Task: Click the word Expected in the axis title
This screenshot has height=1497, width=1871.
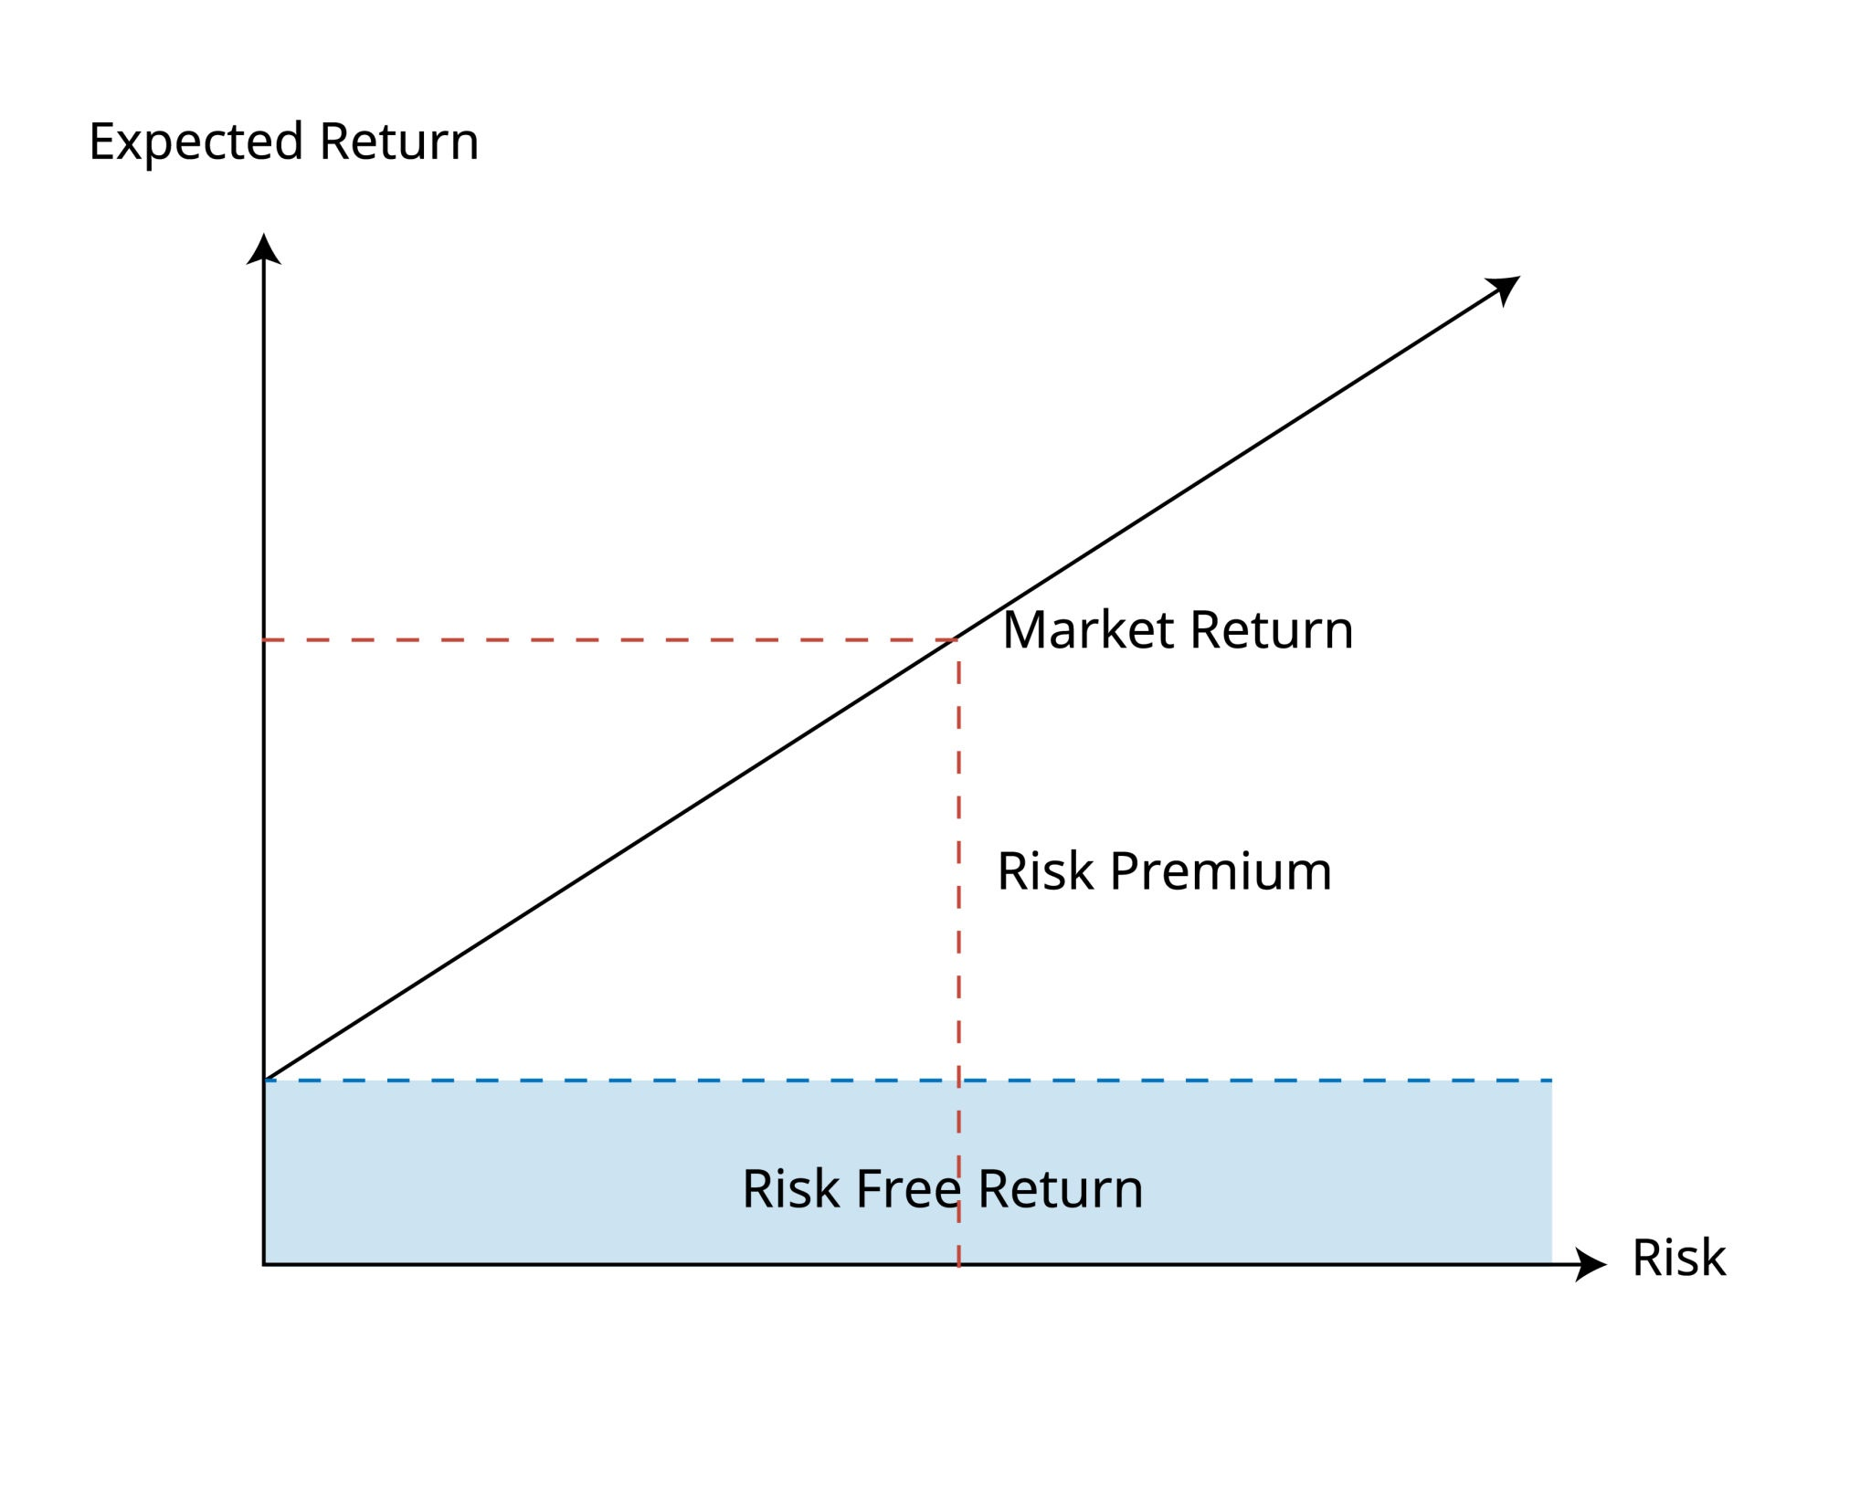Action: coord(196,143)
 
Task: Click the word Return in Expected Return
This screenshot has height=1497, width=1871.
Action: coord(398,142)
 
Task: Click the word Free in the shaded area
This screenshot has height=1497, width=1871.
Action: coord(907,1189)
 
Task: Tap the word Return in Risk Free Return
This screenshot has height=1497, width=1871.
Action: coord(1060,1189)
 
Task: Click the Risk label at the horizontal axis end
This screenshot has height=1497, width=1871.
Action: coord(1678,1258)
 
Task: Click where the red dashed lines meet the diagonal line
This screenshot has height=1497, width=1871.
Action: coord(957,639)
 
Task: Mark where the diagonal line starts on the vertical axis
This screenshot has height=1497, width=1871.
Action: coord(264,1080)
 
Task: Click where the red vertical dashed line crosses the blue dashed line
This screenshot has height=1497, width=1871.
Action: coord(958,1081)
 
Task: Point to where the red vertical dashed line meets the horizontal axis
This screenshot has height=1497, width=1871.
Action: coord(958,1265)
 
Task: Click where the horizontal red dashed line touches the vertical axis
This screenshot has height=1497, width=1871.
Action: coord(264,640)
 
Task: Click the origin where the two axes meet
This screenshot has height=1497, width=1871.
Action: coord(264,1265)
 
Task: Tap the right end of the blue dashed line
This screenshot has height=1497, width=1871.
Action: coord(1550,1081)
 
